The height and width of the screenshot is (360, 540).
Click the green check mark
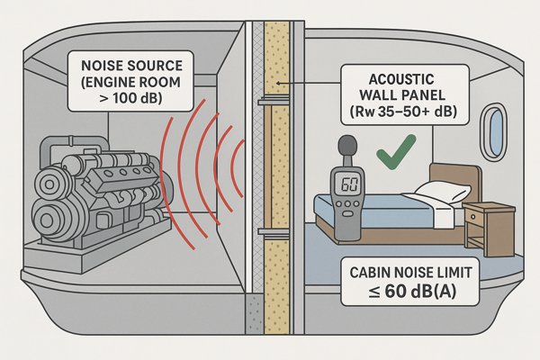(x=397, y=153)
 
